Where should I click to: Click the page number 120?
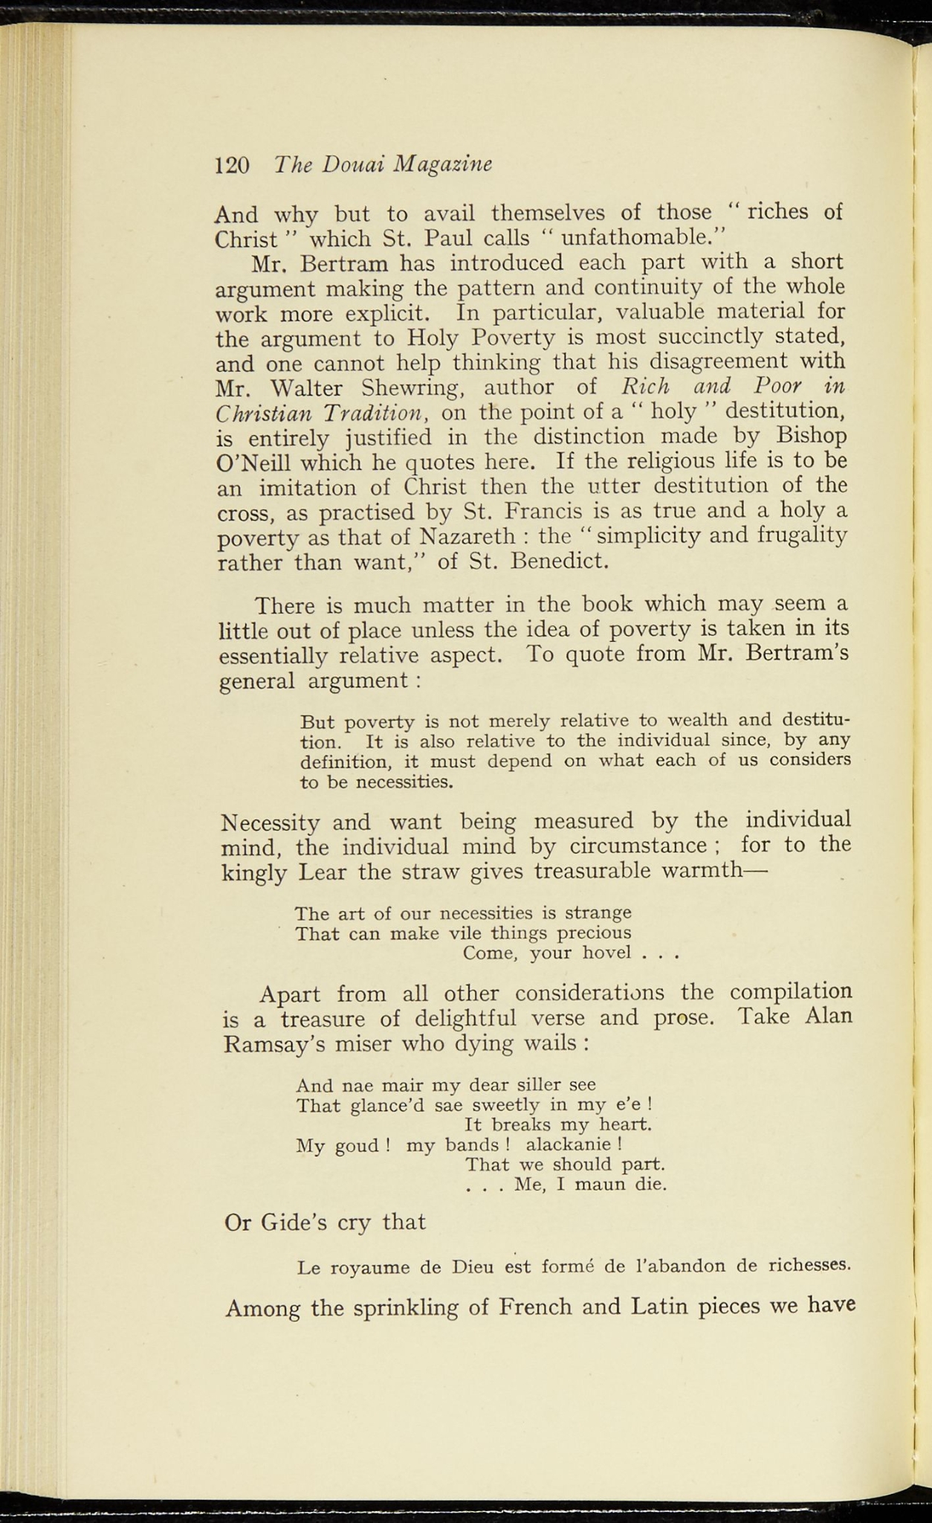[x=231, y=164]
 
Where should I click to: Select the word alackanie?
[x=568, y=1144]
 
